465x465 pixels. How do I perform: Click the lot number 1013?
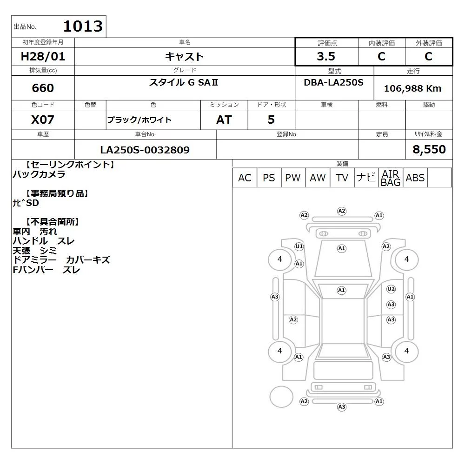[83, 26]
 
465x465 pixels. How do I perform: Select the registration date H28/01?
[43, 56]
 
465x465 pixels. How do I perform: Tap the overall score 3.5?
[326, 56]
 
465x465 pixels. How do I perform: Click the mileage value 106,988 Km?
[412, 88]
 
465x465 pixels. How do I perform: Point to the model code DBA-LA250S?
[333, 82]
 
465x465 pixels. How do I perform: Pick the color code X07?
[43, 120]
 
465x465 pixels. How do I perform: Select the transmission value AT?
[224, 120]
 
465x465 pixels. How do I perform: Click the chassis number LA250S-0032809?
[145, 150]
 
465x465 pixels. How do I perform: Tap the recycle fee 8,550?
[429, 149]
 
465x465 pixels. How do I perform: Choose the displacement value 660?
[43, 88]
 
